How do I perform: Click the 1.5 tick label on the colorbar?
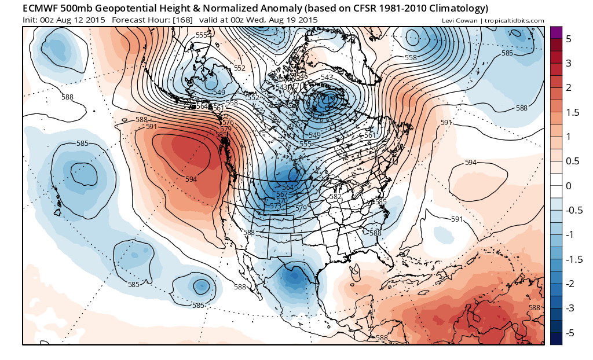coord(572,112)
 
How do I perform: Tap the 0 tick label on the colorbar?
coord(569,186)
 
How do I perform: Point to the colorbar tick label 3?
coord(569,63)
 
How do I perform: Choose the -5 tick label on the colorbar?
coord(570,333)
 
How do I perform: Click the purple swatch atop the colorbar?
coord(555,33)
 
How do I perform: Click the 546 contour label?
coord(302,76)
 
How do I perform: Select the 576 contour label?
coord(228,122)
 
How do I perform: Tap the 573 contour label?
coord(276,206)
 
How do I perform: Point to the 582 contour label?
coord(335,197)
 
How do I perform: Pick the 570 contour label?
coord(282,200)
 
